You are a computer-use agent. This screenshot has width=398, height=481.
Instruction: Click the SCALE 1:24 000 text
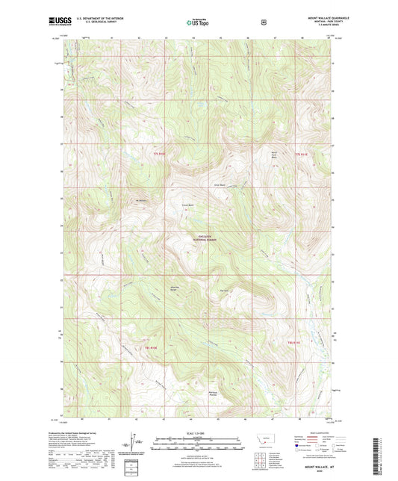click(x=198, y=435)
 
